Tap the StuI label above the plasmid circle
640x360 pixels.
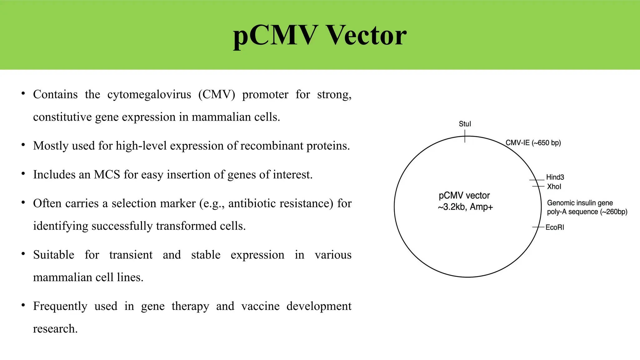coord(465,124)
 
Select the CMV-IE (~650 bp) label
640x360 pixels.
coord(533,143)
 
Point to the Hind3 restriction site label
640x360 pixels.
coord(555,177)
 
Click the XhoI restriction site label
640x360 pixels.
coord(554,187)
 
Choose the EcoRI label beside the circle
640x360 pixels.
coord(555,227)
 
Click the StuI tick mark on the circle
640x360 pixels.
coord(465,137)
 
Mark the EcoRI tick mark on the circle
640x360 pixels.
coord(538,227)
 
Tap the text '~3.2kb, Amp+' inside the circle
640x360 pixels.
coord(465,207)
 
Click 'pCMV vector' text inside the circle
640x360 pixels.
coord(464,196)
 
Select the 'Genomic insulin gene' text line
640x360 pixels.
coord(580,203)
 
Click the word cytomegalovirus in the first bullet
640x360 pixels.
coord(149,94)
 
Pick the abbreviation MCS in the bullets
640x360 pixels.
coord(107,174)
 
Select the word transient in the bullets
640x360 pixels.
coord(131,255)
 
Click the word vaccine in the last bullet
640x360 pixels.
coord(260,306)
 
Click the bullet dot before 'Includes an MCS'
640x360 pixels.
coord(23,174)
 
